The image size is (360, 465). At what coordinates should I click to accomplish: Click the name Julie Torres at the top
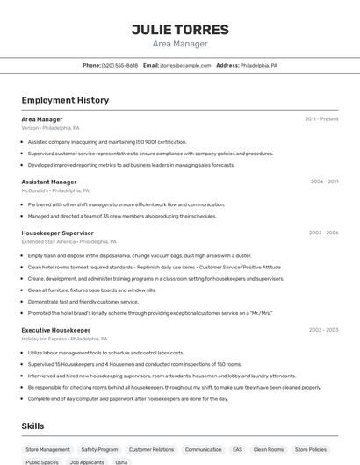pos(180,30)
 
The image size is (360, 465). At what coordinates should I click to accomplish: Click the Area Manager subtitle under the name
pos(180,44)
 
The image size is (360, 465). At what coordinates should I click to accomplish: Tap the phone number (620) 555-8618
pos(119,65)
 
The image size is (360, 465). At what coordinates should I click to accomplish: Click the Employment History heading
pos(65,100)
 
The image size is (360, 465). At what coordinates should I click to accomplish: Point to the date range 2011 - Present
pos(321,119)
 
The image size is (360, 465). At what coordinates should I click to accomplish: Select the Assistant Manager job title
pos(49,182)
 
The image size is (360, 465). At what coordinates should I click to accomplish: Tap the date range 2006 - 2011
pos(324,182)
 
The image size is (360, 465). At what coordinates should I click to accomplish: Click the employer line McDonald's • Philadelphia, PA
pos(55,190)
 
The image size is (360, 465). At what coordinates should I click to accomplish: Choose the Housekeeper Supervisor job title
pos(57,232)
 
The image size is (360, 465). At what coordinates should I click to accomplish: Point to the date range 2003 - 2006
pos(323,232)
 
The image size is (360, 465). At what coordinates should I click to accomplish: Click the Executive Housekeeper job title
pos(55,330)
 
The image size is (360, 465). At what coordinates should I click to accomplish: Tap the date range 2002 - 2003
pos(323,330)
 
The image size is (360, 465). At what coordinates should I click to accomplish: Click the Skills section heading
pos(33,426)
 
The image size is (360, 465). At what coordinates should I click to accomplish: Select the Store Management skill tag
pos(47,449)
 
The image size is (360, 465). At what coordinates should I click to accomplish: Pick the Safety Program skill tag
pos(99,449)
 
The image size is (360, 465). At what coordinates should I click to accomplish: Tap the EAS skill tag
pos(237,449)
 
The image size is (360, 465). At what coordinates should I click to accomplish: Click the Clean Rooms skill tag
pos(269,449)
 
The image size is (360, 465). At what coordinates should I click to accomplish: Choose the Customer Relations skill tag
pos(151,449)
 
